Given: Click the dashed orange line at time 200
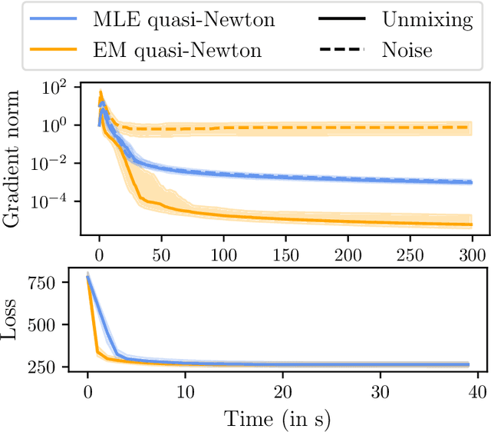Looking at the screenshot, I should point(348,128).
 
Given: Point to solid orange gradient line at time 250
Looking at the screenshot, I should point(410,223).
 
